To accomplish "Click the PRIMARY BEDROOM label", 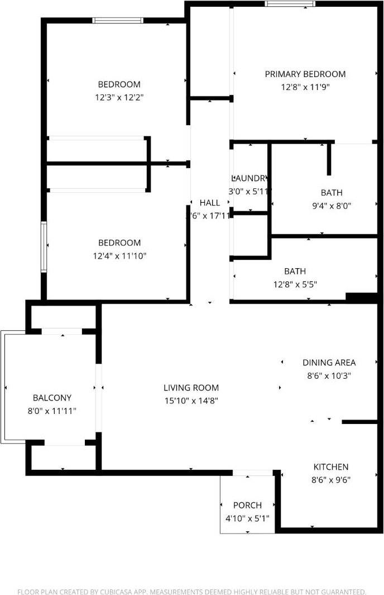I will point(305,74).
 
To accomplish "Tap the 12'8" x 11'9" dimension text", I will point(305,87).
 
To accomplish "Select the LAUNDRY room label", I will point(249,178).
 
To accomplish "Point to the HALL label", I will point(210,202).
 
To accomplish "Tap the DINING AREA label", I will point(329,363).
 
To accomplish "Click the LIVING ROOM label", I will point(191,387).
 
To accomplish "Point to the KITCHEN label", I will point(330,467).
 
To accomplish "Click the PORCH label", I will point(247,505).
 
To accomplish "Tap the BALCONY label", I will point(52,398).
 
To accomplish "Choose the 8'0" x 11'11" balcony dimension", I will point(52,411).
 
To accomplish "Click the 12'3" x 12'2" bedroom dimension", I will point(119,97).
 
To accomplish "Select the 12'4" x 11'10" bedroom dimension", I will point(119,256).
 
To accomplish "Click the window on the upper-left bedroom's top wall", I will point(118,21).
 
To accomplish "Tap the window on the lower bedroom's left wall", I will point(43,246).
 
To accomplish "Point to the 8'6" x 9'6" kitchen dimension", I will point(330,479).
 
